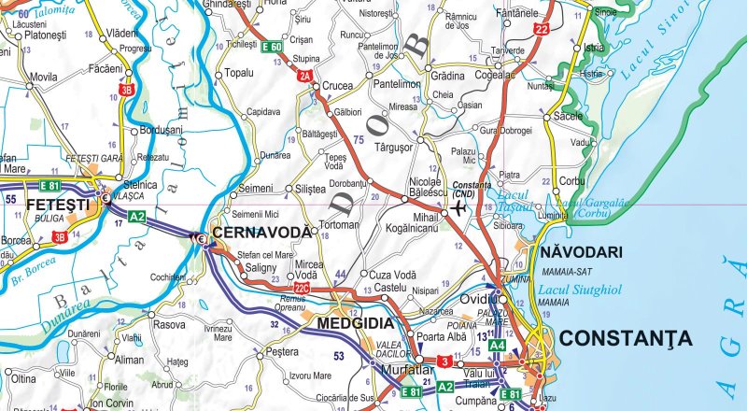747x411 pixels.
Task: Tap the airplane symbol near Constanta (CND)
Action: (x=458, y=207)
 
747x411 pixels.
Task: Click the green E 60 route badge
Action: (x=272, y=47)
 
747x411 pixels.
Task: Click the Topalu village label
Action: (x=240, y=72)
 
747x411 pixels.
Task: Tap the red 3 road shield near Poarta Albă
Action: (x=445, y=361)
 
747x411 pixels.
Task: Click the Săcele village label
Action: (x=568, y=117)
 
